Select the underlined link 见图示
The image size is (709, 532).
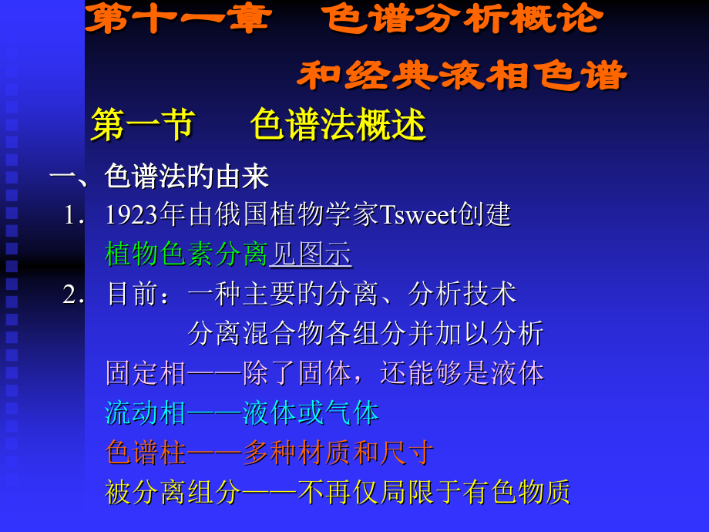tap(310, 254)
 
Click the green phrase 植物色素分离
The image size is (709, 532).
tap(186, 254)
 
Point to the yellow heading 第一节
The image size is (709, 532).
tap(143, 125)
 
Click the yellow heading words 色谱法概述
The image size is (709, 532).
tap(338, 125)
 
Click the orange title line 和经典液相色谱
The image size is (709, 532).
tap(462, 76)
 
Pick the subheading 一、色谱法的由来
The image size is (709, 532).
tap(159, 177)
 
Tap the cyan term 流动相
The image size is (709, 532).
tap(146, 412)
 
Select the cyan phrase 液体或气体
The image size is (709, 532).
tap(311, 412)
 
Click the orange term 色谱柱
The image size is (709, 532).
tap(146, 453)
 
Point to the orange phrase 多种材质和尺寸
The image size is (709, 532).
tap(338, 453)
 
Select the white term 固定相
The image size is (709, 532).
tap(146, 373)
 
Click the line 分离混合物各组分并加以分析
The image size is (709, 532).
tap(365, 333)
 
